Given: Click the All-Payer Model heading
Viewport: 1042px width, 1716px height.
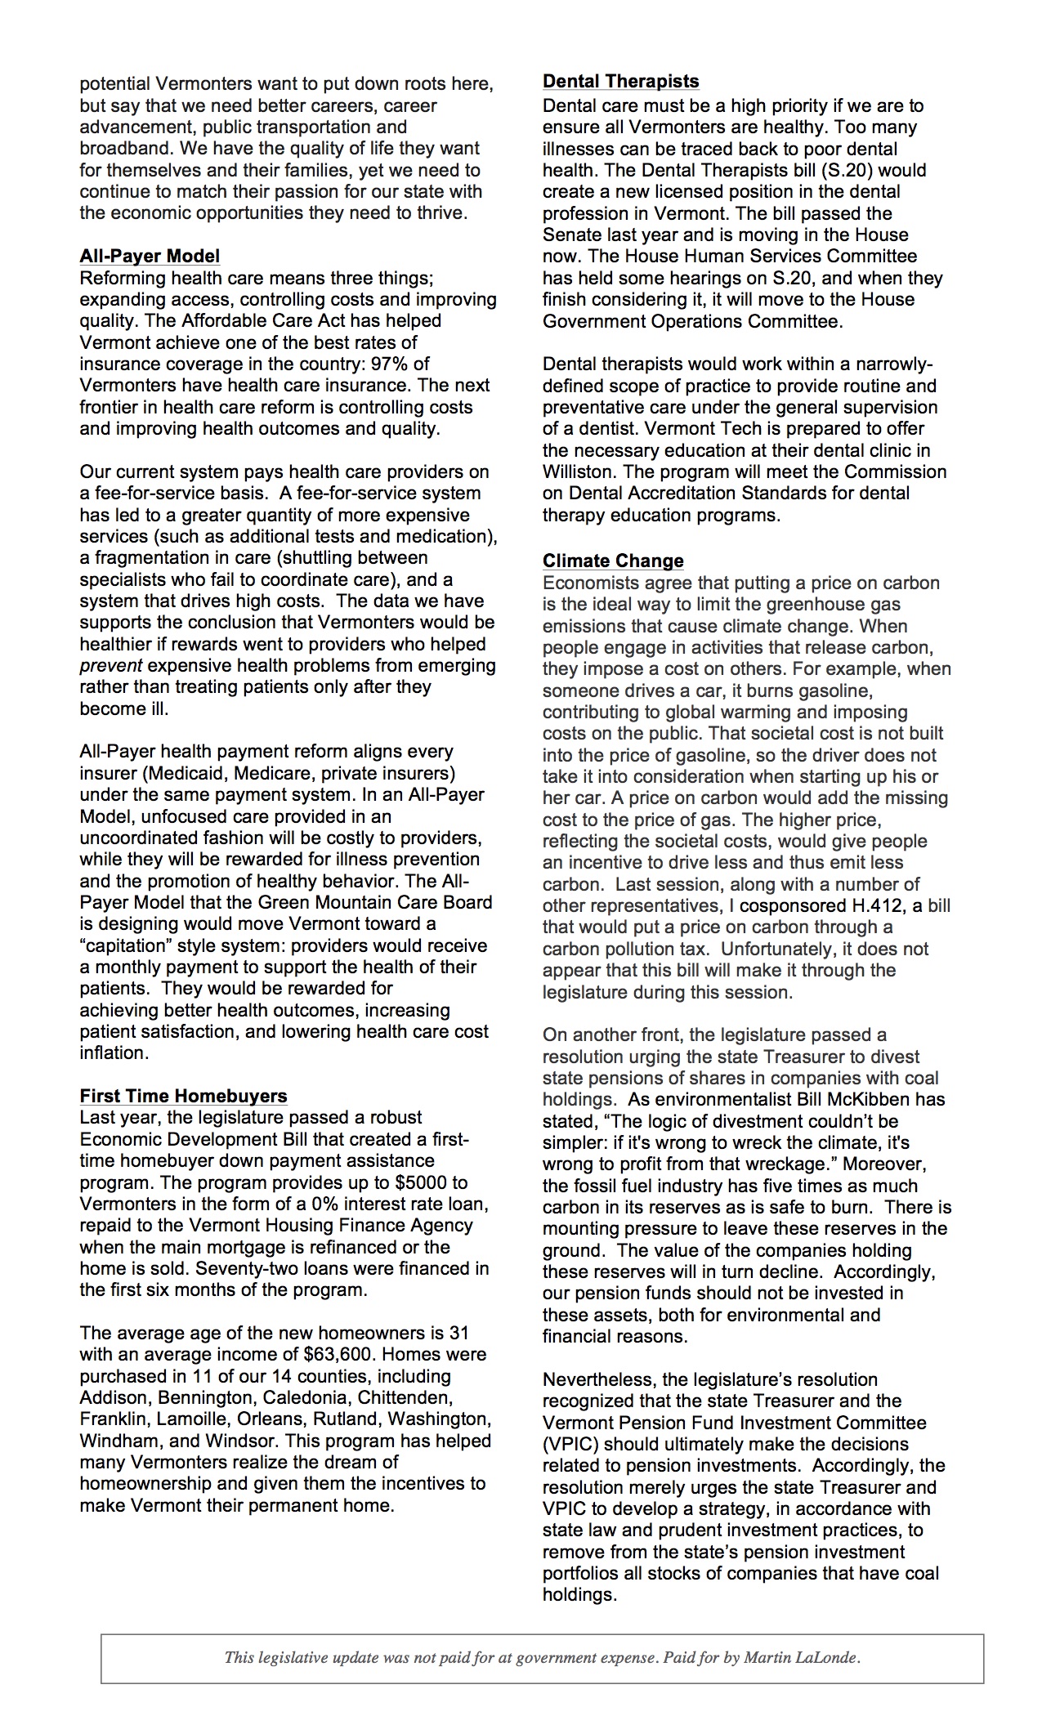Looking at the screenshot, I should coord(150,257).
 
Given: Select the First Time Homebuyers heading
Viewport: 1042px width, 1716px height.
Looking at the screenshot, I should coord(183,1096).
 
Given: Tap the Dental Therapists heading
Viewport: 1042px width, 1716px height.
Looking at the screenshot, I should coord(621,81).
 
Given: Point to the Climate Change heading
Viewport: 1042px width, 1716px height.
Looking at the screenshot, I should coord(613,561).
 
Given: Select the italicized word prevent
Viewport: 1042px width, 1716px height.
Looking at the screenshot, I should coord(110,665).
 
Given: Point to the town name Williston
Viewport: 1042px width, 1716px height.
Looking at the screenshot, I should coord(579,471).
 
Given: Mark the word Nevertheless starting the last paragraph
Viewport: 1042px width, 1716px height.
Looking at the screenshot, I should coord(599,1379).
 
